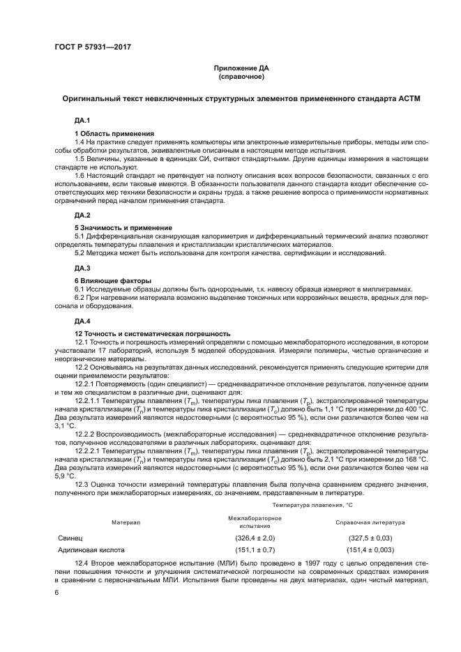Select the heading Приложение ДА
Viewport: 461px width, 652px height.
240,68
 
